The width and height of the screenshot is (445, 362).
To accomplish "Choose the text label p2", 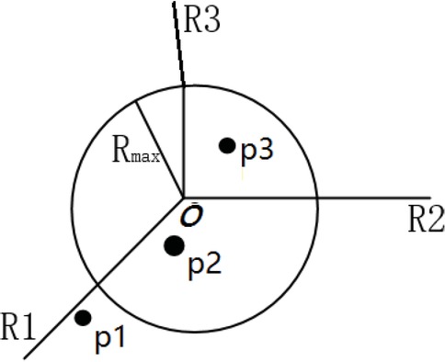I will (202, 265).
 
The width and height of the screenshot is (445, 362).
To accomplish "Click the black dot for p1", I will (83, 318).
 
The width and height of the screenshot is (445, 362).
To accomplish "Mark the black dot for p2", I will (173, 244).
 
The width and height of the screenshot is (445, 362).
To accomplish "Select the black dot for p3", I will (226, 144).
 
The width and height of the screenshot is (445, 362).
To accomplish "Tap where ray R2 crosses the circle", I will (318, 197).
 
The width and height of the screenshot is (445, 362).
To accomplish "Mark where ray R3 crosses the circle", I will (184, 85).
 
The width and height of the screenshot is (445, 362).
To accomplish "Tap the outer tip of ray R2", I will (443, 197).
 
